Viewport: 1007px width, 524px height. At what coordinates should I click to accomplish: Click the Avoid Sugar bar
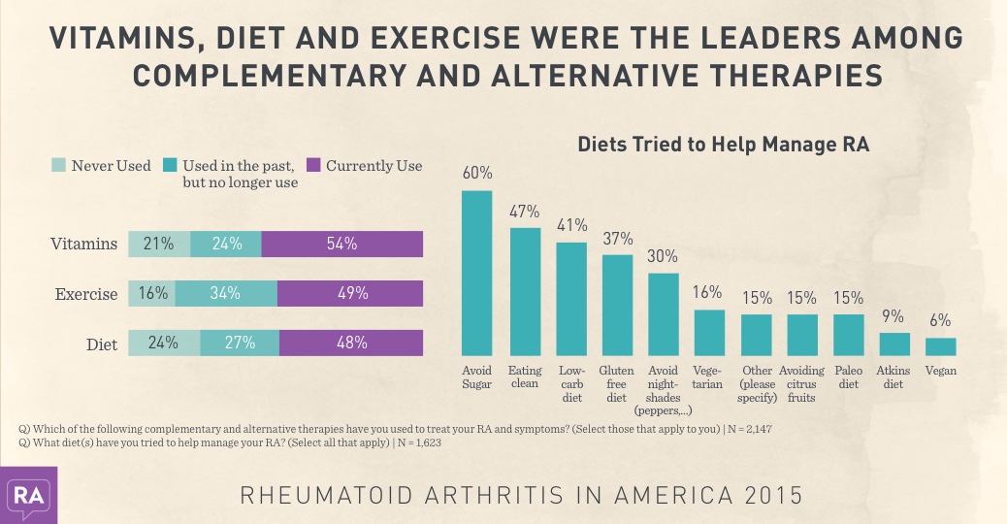[x=476, y=273]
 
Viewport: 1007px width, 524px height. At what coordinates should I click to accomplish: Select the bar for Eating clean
[x=525, y=291]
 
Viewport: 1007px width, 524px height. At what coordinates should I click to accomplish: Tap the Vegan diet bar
[x=941, y=346]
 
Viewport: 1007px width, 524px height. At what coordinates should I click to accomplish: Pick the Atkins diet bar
[x=894, y=344]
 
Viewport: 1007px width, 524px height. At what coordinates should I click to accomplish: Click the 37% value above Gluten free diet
[x=617, y=239]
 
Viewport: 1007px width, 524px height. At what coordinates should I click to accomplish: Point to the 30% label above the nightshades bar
[x=664, y=257]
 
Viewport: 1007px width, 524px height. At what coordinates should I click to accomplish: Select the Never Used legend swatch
[x=57, y=166]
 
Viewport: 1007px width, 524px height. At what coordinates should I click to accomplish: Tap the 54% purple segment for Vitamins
[x=342, y=244]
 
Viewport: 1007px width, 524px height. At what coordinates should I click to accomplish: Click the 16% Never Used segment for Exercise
[x=152, y=293]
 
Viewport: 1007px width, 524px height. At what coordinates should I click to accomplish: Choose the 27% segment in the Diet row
[x=240, y=343]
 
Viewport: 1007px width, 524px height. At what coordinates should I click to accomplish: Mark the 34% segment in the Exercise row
[x=226, y=293]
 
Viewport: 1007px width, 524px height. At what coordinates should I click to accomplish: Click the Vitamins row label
[x=84, y=245]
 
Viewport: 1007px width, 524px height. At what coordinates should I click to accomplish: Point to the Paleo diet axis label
[x=849, y=377]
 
